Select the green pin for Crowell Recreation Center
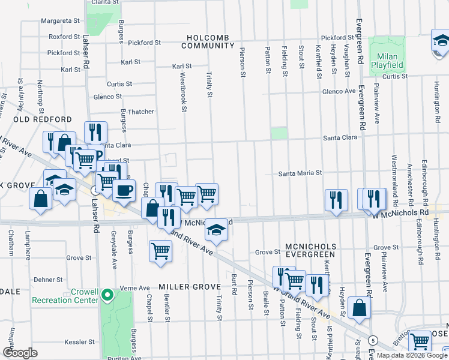(x=107, y=295)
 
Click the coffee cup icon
(x=124, y=191)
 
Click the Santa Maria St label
(x=300, y=173)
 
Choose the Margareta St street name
(x=60, y=20)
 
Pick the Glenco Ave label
(x=339, y=91)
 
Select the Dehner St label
(x=48, y=280)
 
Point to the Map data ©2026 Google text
(x=412, y=355)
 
